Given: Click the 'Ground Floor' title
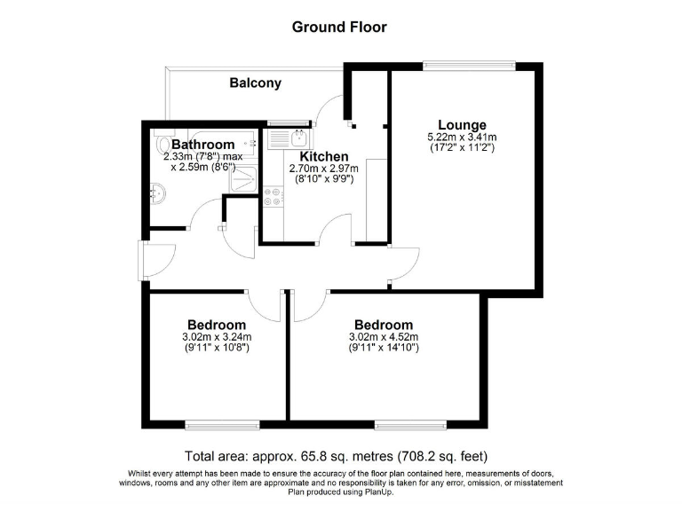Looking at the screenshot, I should coord(339,27).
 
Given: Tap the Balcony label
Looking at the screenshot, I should coord(255,83).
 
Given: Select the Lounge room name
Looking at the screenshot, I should coord(461,124).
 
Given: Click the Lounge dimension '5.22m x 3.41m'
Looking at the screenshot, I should coord(461,138).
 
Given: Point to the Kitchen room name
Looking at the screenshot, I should coord(323,156).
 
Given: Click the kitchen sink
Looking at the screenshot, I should coord(289,138).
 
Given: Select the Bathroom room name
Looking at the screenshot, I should coord(202,144).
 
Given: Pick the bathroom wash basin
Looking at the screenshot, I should coord(159,192).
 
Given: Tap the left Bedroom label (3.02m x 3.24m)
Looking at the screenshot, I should coord(216,325).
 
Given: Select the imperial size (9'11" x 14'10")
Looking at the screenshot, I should coord(384,348).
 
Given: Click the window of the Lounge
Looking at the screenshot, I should coord(468,64).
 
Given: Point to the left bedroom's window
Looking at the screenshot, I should coord(222,422).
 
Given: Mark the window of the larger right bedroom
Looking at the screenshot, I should coord(411,422).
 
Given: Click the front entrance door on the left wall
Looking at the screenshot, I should coord(142,263).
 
